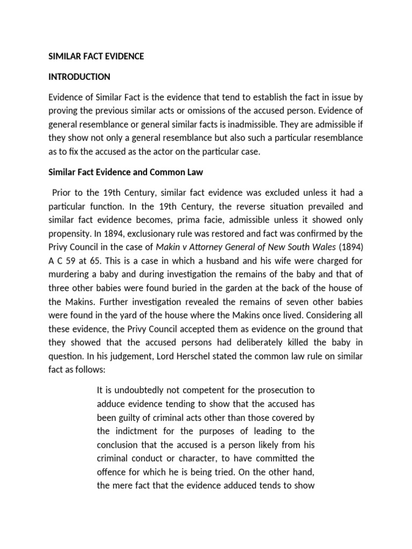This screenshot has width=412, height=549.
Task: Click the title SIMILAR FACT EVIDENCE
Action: (x=97, y=56)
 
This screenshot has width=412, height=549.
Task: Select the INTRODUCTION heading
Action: (x=79, y=77)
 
